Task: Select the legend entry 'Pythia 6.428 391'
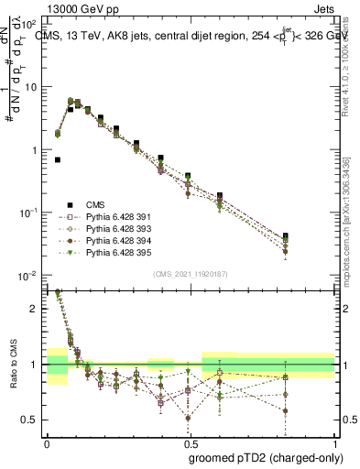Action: tap(115, 217)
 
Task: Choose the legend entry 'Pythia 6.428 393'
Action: tap(115, 229)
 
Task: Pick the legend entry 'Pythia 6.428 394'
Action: tap(115, 241)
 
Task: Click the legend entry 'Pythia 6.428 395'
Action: tap(115, 253)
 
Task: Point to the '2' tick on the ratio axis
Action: tap(36, 309)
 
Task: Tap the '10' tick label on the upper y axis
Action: tap(29, 87)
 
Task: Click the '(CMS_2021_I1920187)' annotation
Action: tap(190, 274)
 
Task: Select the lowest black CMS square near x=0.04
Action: tap(58, 159)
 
